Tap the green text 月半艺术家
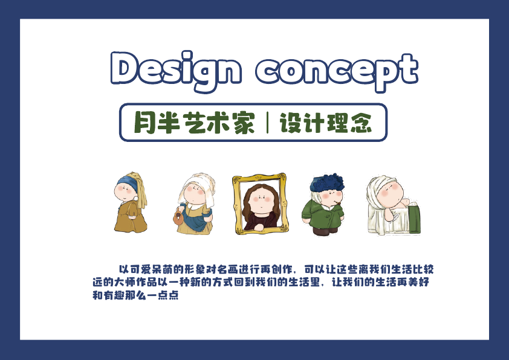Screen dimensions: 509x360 (195, 123)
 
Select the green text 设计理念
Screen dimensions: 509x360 (326, 123)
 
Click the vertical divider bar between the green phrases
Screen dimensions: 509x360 (267, 123)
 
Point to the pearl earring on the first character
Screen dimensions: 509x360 (136, 198)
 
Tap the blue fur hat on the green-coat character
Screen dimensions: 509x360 (327, 183)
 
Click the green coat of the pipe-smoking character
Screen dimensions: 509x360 (322, 214)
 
